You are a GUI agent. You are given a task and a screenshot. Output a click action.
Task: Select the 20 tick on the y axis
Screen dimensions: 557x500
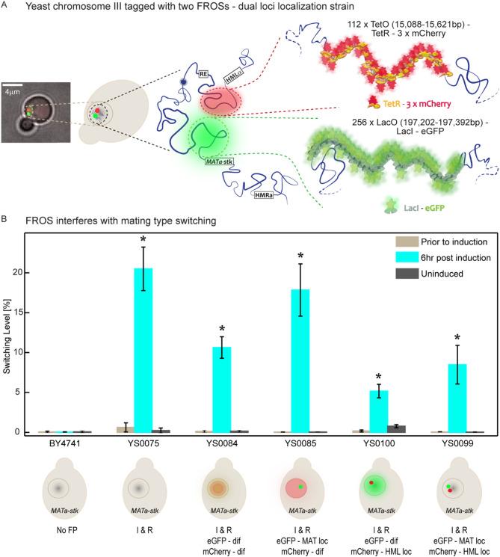point(28,273)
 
